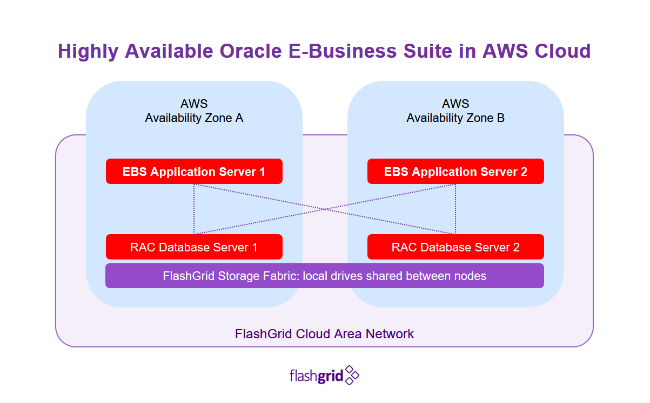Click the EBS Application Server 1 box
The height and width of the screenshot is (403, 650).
[x=194, y=172]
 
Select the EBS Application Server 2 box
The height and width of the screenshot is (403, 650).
[x=455, y=172]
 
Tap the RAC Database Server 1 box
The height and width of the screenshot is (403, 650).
[x=194, y=247]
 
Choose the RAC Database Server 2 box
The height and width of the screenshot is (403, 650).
[x=455, y=247]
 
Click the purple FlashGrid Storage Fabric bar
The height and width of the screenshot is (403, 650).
[x=324, y=276]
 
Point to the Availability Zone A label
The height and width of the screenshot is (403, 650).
[x=194, y=118]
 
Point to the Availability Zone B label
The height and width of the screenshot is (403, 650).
[x=455, y=118]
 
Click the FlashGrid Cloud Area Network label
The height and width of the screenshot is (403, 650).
[x=324, y=333]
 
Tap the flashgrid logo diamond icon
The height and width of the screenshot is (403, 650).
[x=352, y=375]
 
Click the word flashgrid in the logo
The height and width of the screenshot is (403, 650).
[x=317, y=375]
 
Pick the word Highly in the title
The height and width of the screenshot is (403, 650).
[x=88, y=51]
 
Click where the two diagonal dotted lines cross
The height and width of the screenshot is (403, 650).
[x=325, y=209]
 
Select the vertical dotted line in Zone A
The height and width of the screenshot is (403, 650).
[x=194, y=209]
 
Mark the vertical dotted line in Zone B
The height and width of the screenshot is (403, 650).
[x=455, y=209]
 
